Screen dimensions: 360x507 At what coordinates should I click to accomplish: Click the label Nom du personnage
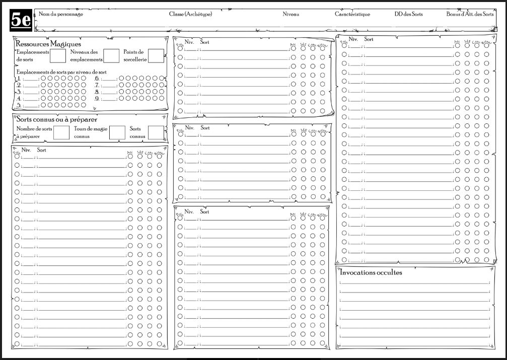coord(61,14)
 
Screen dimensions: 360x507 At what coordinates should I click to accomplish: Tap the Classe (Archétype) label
coord(190,14)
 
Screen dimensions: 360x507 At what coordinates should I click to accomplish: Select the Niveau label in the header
coord(291,14)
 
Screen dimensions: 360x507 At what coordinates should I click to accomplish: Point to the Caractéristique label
coord(352,14)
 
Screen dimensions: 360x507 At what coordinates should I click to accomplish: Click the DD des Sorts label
coord(408,14)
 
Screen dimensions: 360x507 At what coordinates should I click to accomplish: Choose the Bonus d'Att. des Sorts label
coord(470,14)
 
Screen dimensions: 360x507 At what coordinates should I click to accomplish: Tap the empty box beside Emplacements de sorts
coord(58,56)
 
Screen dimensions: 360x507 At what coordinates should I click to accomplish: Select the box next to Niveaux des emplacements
coord(111,56)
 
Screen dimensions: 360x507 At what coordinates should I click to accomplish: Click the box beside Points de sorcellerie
coord(156,56)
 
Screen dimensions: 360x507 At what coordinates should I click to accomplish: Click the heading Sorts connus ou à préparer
coord(57,119)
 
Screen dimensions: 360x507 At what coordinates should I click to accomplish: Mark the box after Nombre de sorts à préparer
coord(61,132)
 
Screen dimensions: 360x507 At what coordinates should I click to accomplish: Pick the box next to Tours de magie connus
coord(117,132)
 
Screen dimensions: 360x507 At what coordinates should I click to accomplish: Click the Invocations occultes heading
coord(371,272)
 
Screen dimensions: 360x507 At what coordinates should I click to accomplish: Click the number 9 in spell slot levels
coord(97,99)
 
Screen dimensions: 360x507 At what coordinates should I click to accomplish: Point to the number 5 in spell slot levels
coord(19,106)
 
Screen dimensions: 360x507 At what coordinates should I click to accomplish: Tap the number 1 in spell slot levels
coord(19,79)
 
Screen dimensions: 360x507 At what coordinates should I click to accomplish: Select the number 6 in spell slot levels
coord(97,79)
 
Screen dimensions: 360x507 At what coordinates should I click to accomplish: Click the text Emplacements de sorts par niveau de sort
coord(61,71)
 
